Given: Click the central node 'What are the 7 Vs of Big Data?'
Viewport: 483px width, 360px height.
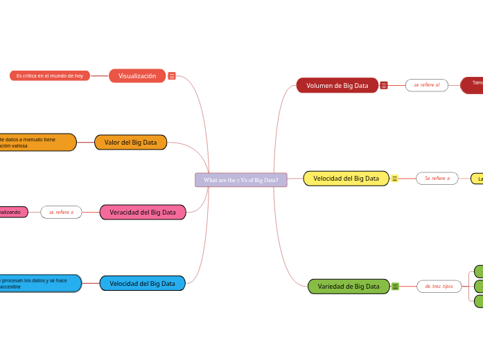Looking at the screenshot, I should click(241, 180).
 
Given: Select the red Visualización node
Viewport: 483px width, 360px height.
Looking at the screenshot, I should click(137, 76).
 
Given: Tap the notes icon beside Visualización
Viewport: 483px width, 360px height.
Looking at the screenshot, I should click(172, 76).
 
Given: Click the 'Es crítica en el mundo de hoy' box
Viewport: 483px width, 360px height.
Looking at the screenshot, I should click(50, 75).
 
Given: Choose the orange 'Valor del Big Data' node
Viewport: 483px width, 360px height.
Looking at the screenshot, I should click(130, 143).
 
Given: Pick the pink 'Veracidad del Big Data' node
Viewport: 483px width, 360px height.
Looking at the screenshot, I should click(143, 213).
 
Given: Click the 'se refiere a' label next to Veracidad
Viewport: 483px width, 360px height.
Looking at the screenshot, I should click(61, 213).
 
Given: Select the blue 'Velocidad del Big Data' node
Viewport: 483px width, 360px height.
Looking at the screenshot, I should click(142, 283).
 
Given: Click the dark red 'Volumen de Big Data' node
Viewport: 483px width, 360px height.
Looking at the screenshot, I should click(337, 85).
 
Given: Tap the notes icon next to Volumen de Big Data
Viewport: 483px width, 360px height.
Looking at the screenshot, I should click(384, 85).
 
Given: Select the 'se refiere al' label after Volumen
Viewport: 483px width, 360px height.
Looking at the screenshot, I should click(427, 85).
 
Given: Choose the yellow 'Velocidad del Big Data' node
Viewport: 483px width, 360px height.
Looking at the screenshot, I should click(346, 179).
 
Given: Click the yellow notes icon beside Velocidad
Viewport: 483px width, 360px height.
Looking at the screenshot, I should click(394, 179).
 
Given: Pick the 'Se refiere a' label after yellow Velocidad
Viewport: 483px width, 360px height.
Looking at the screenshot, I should click(437, 179).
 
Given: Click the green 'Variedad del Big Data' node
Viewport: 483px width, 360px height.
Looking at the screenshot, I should click(349, 286).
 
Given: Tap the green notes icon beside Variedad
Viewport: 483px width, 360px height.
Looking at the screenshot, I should click(395, 286).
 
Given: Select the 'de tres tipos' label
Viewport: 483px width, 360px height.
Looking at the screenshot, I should click(439, 286).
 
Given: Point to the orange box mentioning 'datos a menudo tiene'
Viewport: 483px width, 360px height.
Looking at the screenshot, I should click(37, 143).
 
